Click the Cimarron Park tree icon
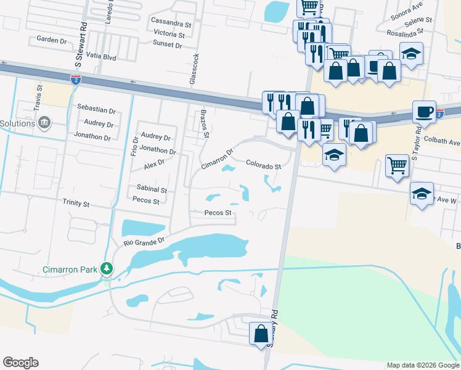(107, 269)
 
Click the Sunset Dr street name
(168, 45)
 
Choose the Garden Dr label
(51, 39)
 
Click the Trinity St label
(76, 203)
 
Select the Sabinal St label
(152, 190)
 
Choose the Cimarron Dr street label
(218, 159)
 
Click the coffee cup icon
(424, 112)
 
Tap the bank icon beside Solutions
(44, 123)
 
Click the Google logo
(20, 363)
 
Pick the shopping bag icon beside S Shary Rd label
(261, 334)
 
